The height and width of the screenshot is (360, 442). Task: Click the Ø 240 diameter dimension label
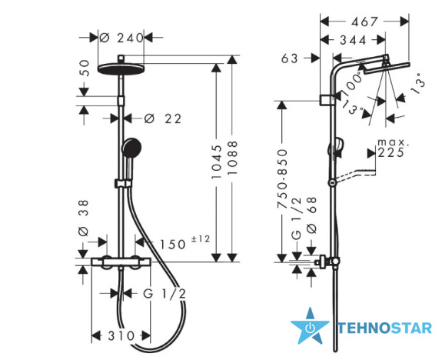click(121, 38)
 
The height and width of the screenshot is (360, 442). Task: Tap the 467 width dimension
click(364, 22)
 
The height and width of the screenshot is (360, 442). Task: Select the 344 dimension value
click(353, 40)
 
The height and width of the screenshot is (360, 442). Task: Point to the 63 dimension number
click(289, 58)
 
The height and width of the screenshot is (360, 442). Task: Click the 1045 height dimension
click(217, 162)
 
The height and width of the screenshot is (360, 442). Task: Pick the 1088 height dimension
click(233, 158)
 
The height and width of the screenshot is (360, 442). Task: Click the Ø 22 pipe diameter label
click(163, 118)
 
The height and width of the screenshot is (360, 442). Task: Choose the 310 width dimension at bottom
click(121, 335)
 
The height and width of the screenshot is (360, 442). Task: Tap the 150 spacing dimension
click(173, 245)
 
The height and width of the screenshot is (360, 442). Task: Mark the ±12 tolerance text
click(201, 239)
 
